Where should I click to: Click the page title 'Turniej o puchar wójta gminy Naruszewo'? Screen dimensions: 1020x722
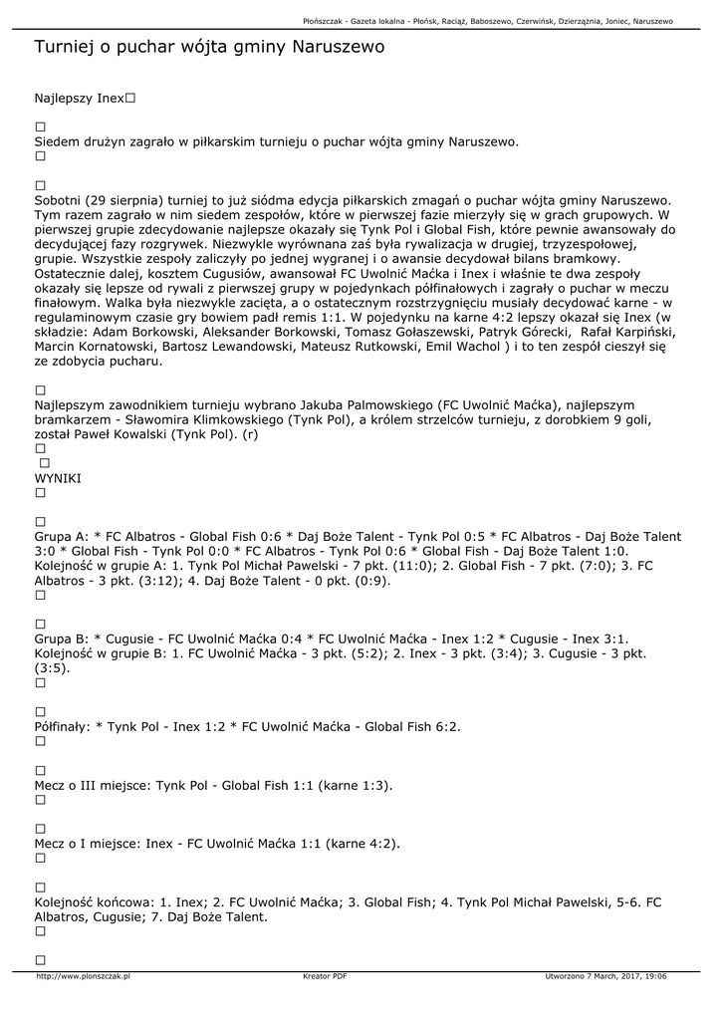209,47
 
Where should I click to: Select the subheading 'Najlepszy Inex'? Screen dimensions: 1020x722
80,99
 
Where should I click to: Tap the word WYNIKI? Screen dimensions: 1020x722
58,478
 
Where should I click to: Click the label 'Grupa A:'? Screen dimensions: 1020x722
62,537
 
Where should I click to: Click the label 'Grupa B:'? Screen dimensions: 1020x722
62,638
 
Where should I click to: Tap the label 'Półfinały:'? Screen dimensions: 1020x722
62,726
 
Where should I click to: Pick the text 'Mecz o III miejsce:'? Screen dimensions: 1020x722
93,785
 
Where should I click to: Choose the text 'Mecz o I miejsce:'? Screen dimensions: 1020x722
88,844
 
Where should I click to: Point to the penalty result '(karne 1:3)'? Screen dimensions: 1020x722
356,785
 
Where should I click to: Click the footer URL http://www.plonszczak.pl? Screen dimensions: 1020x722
84,976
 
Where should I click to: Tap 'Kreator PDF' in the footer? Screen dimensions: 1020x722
325,976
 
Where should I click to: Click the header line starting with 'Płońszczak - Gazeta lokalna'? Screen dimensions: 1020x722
487,21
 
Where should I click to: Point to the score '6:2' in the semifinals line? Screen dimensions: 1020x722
448,726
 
